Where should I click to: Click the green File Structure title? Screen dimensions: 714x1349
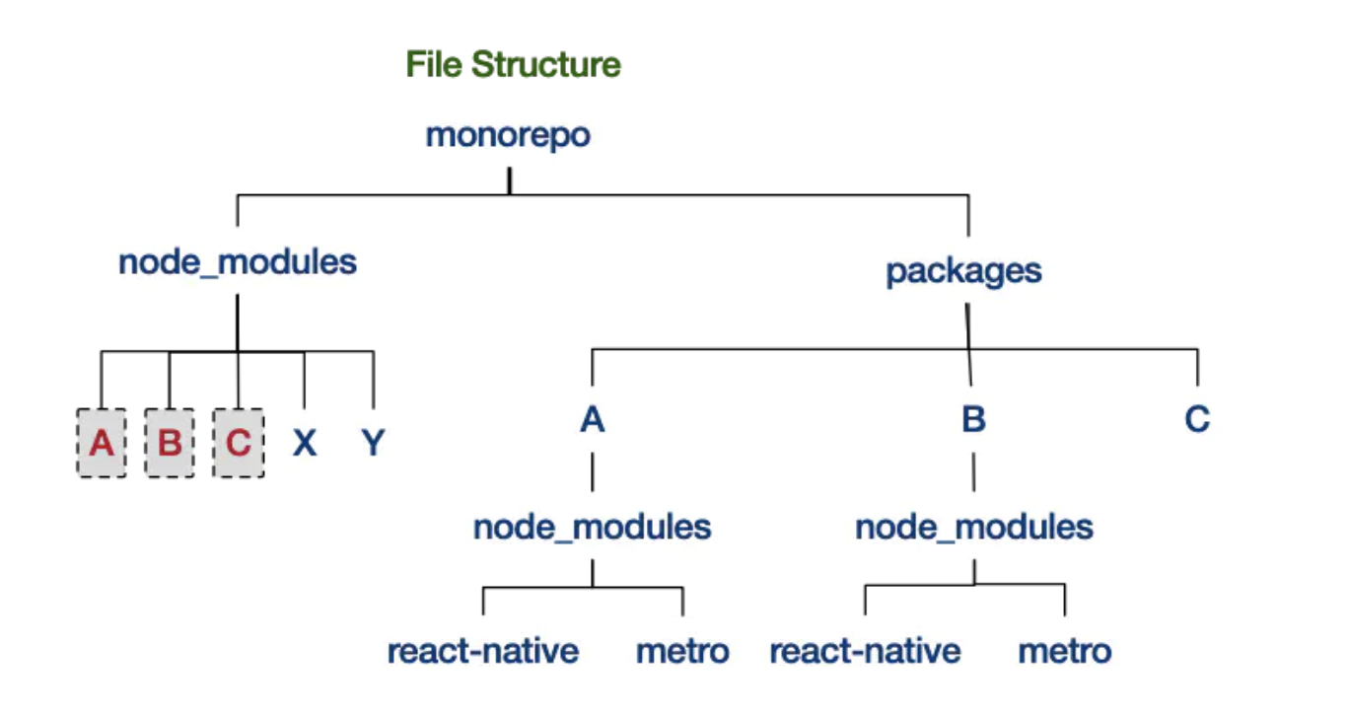pos(514,65)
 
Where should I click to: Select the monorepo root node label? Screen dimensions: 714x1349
pos(508,135)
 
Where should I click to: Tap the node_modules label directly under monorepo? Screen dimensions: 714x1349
pos(237,262)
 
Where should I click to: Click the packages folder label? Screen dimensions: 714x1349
pos(963,270)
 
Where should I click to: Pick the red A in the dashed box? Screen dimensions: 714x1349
pos(102,443)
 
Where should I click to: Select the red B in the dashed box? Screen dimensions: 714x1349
pos(170,443)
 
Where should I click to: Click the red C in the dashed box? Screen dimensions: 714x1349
pos(238,443)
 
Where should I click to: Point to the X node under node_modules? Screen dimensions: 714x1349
pos(305,444)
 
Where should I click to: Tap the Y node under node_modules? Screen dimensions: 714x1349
pos(372,444)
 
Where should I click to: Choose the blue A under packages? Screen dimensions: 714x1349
pos(592,420)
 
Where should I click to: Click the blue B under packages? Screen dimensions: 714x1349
pos(973,420)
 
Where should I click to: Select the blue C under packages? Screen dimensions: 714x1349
pos(1197,420)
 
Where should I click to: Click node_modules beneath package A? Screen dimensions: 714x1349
pos(592,527)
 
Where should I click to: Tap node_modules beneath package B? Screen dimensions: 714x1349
pos(974,527)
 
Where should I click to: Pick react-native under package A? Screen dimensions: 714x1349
pos(482,651)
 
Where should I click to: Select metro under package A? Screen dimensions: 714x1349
pos(682,651)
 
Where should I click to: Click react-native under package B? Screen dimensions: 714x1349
pos(865,651)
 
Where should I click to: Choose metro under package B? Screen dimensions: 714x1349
pos(1064,651)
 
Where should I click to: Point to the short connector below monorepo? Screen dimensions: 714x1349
pos(509,180)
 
